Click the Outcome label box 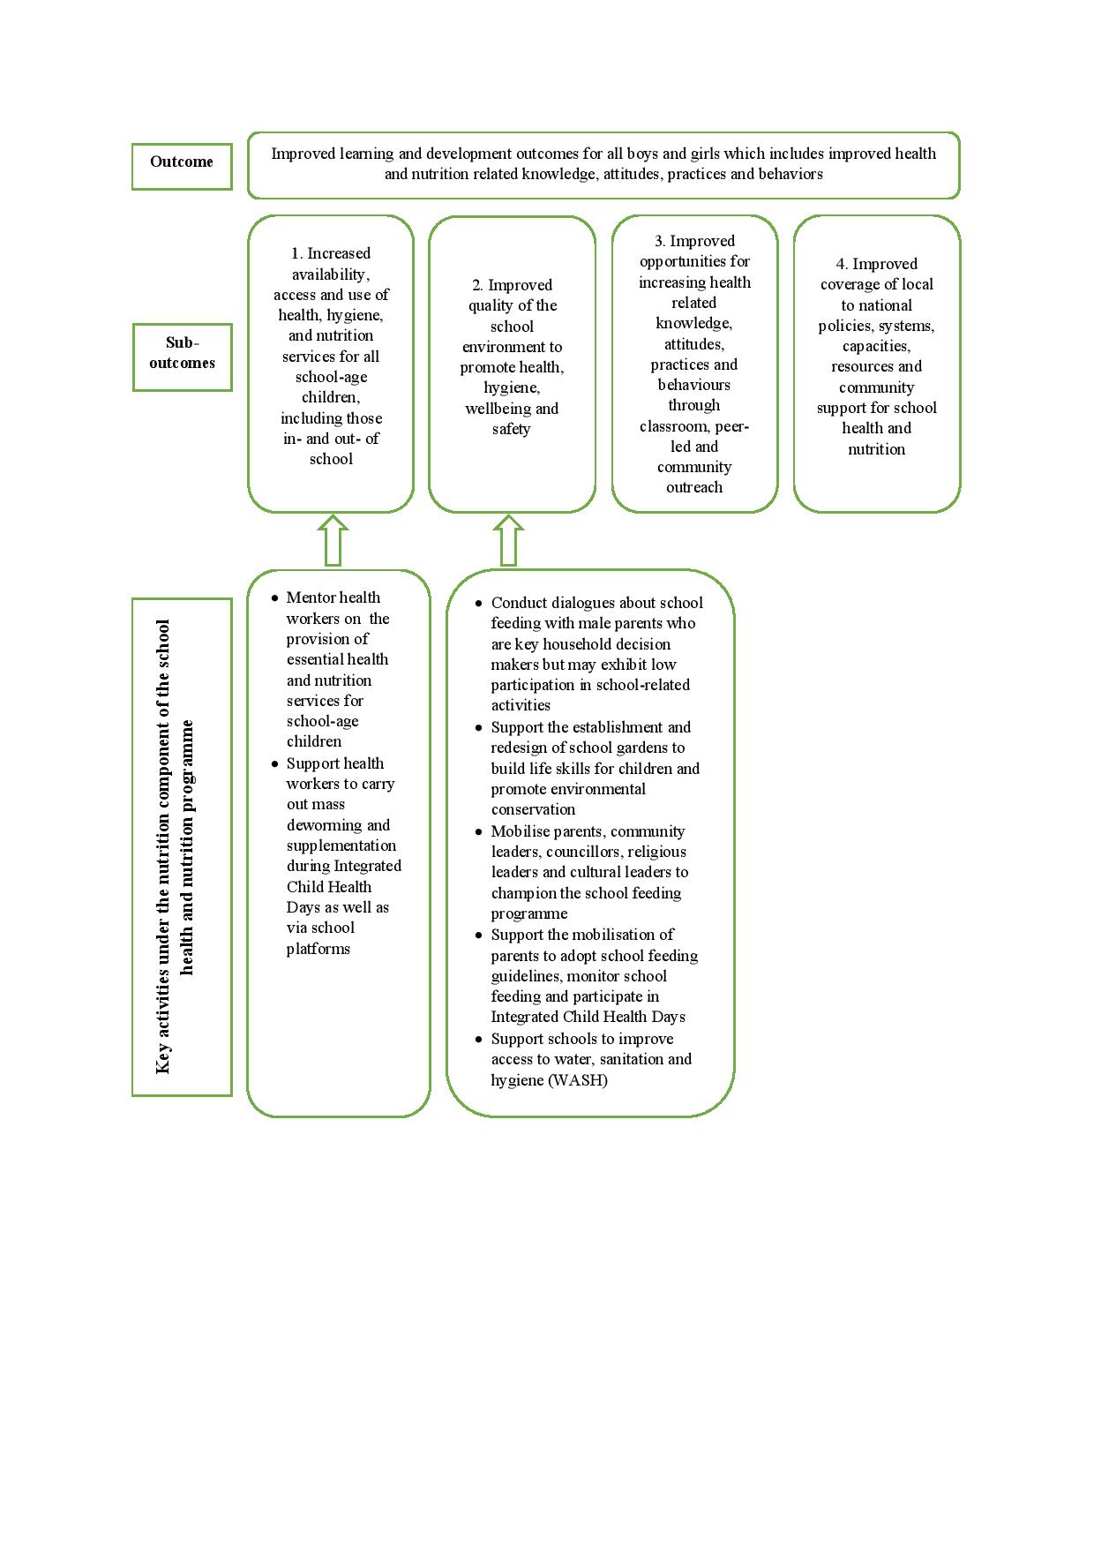pyautogui.click(x=181, y=166)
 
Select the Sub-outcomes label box pyautogui.click(x=182, y=356)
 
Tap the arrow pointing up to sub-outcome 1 pyautogui.click(x=333, y=541)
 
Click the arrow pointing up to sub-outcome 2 pyautogui.click(x=508, y=541)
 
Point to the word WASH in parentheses pyautogui.click(x=577, y=1080)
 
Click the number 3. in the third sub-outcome pyautogui.click(x=659, y=241)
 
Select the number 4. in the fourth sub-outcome pyautogui.click(x=842, y=264)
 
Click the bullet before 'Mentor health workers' pyautogui.click(x=274, y=598)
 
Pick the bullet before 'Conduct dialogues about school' pyautogui.click(x=478, y=604)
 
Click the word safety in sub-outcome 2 pyautogui.click(x=511, y=430)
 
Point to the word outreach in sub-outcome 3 pyautogui.click(x=694, y=487)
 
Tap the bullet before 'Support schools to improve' pyautogui.click(x=478, y=1040)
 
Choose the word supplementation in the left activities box pyautogui.click(x=341, y=845)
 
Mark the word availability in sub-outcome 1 pyautogui.click(x=329, y=274)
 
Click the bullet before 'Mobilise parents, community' pyautogui.click(x=478, y=832)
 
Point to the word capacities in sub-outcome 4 pyautogui.click(x=875, y=346)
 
